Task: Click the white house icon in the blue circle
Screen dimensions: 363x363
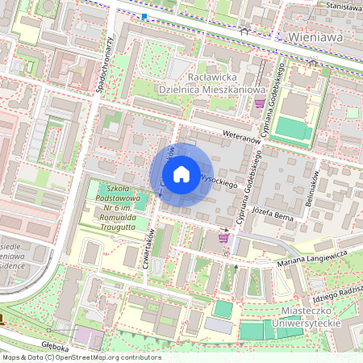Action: point(181,174)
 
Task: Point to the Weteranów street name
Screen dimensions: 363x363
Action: point(241,139)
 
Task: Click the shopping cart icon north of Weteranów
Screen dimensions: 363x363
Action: point(259,103)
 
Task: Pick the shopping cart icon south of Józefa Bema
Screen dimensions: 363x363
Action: point(223,237)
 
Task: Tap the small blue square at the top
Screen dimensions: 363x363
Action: point(144,15)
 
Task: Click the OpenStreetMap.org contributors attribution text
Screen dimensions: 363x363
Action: point(105,357)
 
